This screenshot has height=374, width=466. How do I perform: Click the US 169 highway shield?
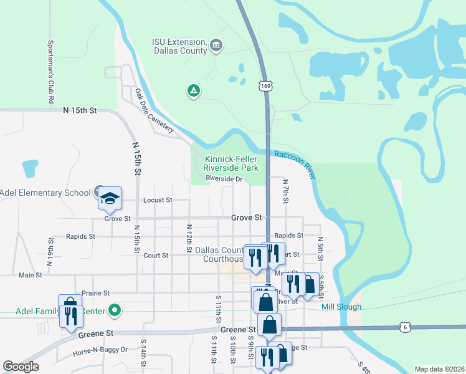(x=266, y=85)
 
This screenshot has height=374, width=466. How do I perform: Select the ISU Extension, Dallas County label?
(x=179, y=46)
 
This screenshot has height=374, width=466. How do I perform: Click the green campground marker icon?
(x=194, y=92)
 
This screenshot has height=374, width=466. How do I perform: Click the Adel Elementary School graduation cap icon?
(x=109, y=198)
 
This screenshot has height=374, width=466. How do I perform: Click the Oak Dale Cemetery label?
(x=154, y=110)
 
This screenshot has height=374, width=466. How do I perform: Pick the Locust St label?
(x=157, y=200)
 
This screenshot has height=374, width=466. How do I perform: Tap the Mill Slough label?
(x=341, y=307)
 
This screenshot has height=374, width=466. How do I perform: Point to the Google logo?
(x=21, y=367)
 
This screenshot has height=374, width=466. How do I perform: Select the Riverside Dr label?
(x=224, y=179)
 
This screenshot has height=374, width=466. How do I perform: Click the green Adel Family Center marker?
(x=114, y=309)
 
